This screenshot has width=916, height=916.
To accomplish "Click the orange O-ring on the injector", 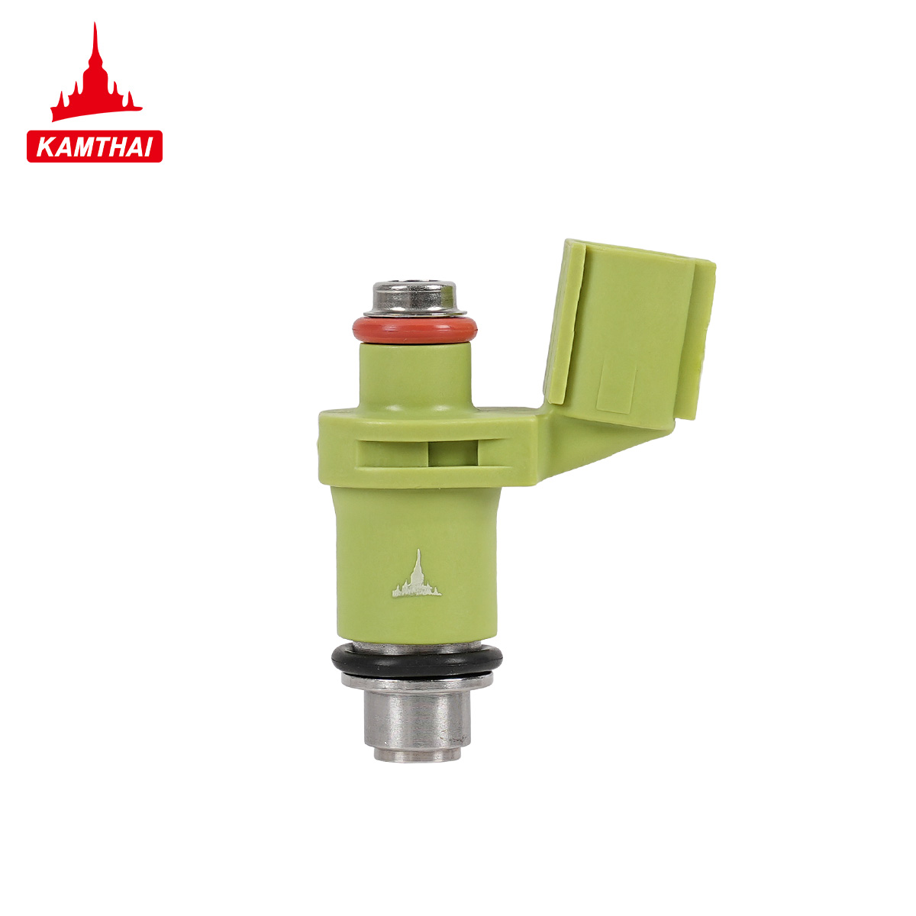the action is (414, 331).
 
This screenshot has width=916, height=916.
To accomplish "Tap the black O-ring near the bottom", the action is (417, 661).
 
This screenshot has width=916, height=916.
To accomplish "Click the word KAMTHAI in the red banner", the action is (95, 147).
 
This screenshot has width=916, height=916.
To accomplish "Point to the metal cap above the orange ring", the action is (414, 298).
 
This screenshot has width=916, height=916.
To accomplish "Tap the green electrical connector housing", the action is (630, 333).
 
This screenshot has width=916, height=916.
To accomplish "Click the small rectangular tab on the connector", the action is (616, 386).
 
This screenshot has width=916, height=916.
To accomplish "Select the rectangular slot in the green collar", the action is (417, 453).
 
